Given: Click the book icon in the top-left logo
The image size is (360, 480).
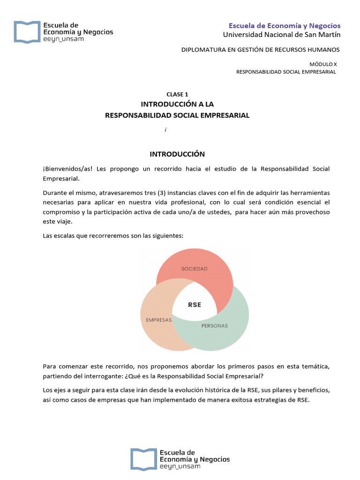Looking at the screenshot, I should [26, 31].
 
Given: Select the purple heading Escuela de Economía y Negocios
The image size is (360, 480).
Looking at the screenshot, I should [285, 25].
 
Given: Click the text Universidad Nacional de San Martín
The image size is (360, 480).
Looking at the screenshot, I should [282, 35].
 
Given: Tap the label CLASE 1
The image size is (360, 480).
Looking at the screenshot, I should [177, 94].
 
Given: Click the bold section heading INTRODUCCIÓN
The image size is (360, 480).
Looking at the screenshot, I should [177, 154].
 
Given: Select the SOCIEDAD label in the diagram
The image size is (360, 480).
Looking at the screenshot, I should [194, 269].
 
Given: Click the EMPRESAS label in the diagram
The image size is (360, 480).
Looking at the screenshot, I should [159, 320].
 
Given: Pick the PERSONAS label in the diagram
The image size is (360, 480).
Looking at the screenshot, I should [214, 325].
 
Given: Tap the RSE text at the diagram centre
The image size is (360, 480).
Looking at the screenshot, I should [195, 305].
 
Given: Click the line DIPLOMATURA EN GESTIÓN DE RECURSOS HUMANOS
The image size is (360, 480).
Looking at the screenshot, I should [260, 50].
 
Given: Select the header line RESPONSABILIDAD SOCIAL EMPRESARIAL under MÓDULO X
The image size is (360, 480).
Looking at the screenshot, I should [286, 72].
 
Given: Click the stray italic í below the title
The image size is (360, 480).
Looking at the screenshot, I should [165, 129].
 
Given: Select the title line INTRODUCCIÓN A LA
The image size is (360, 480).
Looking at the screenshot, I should [177, 104].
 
